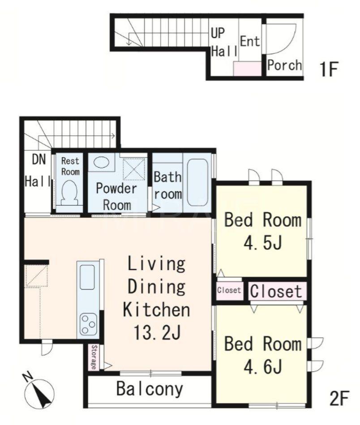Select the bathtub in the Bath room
pos(198,183)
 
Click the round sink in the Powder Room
pos(102,162)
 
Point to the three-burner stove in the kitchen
pos(89,324)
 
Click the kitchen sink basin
pos(87,277)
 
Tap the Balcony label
pos(150,389)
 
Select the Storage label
pos(94,357)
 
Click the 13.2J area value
pos(157,332)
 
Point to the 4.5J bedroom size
pos(263,242)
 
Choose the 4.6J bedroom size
pos(263,366)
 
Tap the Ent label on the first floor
pos(250,41)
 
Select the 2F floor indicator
pos(339,398)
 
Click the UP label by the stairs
pos(218,33)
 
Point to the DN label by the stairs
pos(39,159)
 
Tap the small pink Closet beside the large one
pos(229,290)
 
